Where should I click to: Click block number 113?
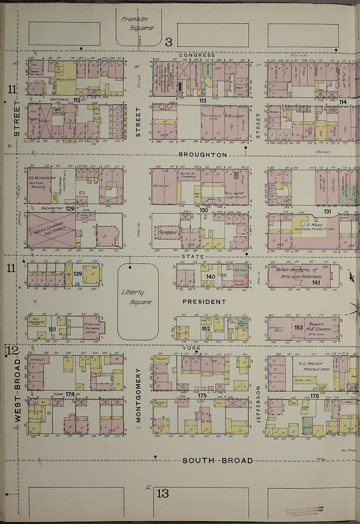pyautogui.click(x=203, y=101)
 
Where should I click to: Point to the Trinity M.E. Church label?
pyautogui.click(x=318, y=327)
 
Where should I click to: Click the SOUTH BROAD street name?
pyautogui.click(x=218, y=460)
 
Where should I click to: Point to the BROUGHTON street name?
pyautogui.click(x=203, y=155)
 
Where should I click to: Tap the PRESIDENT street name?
pyautogui.click(x=204, y=302)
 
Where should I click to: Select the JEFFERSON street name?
pyautogui.click(x=258, y=404)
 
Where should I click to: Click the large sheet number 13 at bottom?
pyautogui.click(x=163, y=493)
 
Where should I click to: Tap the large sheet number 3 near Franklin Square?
pyautogui.click(x=168, y=42)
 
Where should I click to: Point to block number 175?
pyautogui.click(x=202, y=396)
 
